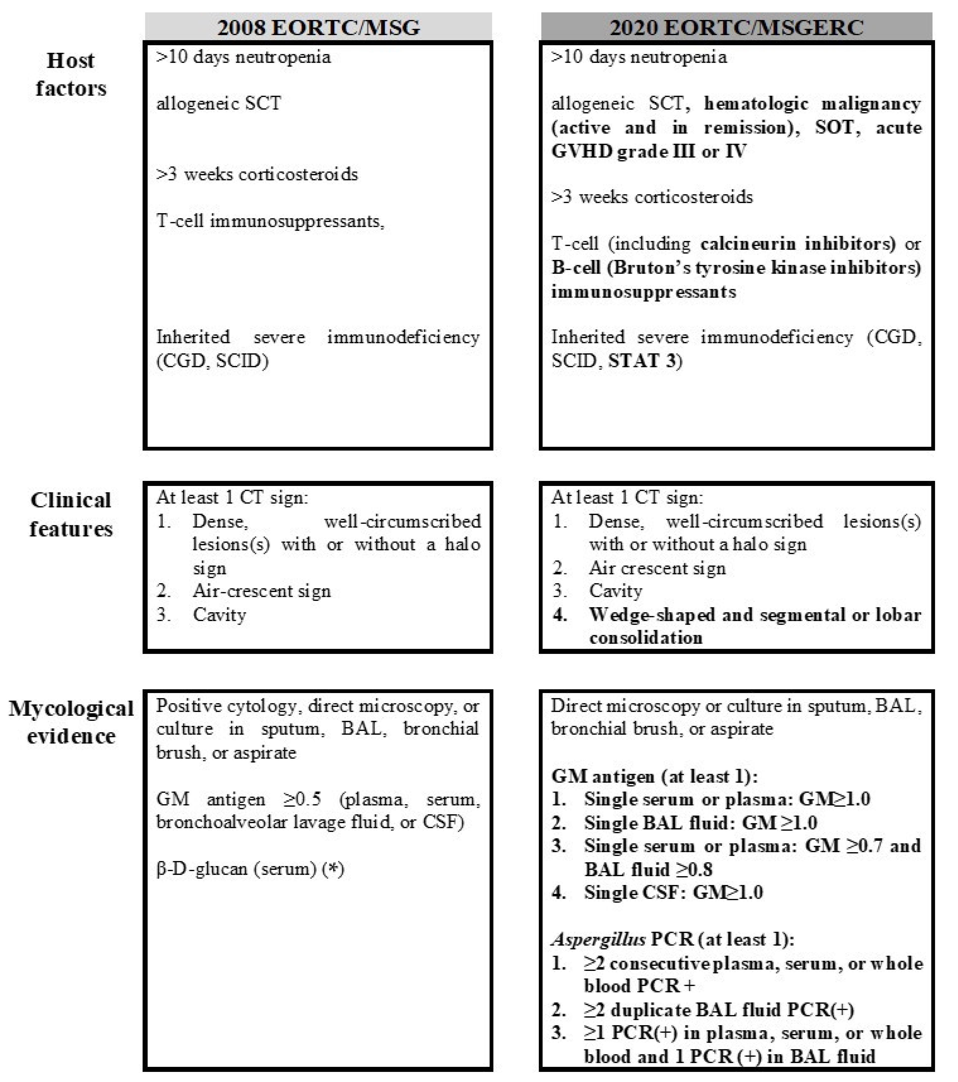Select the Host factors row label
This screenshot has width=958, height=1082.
coord(71,74)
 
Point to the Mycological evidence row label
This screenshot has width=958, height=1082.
coord(71,722)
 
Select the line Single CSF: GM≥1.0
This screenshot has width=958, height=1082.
coord(673,893)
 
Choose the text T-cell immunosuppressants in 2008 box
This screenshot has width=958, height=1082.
coord(270,221)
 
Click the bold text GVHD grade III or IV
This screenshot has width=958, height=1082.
coord(649,151)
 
